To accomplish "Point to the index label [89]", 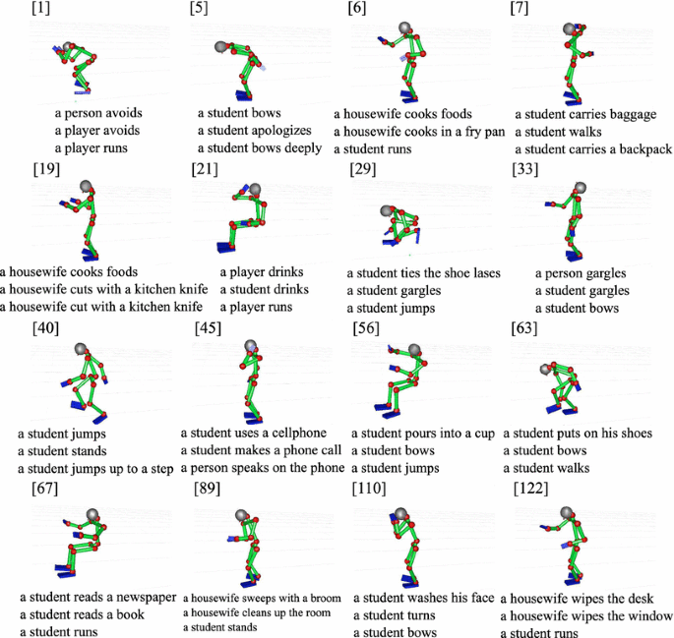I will (207, 489).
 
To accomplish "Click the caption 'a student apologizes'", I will (254, 131).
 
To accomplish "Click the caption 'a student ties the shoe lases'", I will (423, 273).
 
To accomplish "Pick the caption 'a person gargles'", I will (581, 273).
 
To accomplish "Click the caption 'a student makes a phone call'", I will (262, 450).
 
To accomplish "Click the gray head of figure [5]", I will (222, 46).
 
